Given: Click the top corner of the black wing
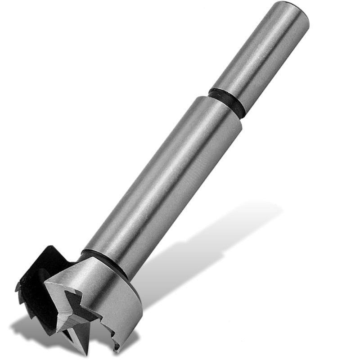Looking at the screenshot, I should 49,247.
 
